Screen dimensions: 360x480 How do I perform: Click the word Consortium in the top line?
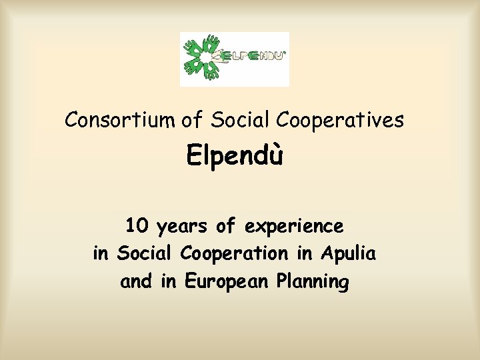[x=121, y=120]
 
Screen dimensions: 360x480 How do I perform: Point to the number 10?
[x=138, y=227]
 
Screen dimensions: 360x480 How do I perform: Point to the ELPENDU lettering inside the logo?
[x=256, y=57]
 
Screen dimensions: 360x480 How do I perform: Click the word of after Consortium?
[x=191, y=120]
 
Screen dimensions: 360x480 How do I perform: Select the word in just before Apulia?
[x=307, y=254]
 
